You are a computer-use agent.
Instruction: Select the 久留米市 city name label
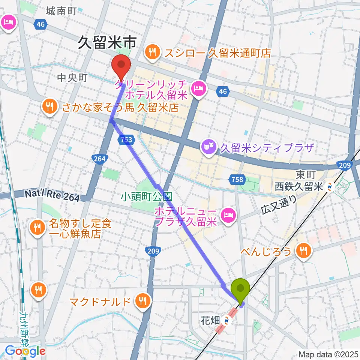point(106,44)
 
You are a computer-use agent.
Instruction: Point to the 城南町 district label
point(61,11)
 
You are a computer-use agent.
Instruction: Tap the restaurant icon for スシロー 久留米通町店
point(152,52)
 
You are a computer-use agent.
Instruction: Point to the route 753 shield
point(126,140)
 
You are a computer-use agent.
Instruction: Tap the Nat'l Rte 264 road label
point(52,195)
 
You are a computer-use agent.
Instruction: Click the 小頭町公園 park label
point(146,196)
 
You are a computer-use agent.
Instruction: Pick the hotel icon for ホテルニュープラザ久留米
point(228,215)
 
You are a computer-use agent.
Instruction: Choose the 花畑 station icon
point(226,321)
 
